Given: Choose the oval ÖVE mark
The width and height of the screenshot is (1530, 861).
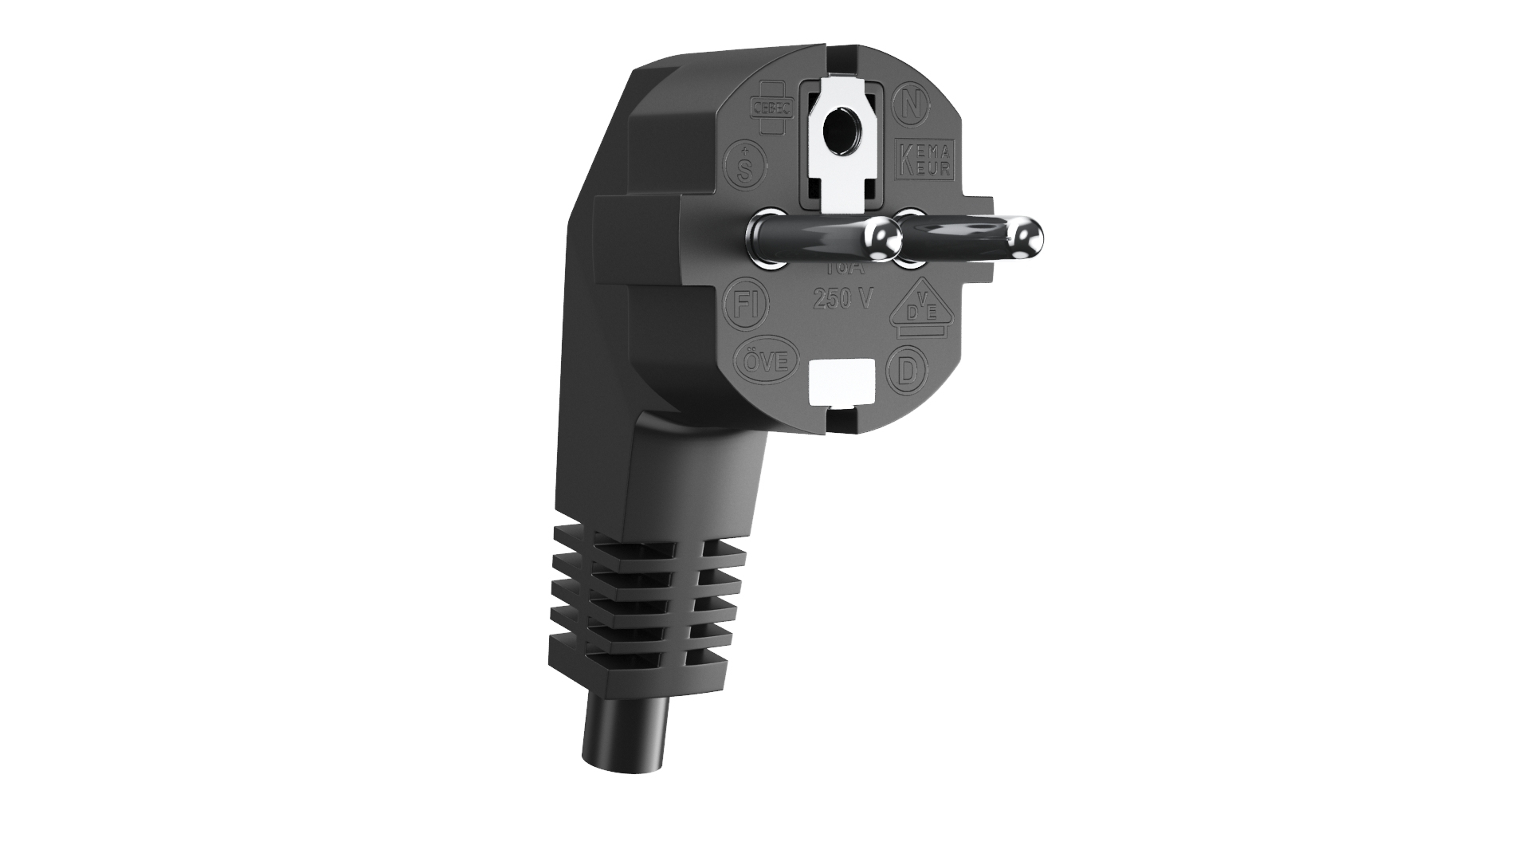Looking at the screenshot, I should (x=767, y=361).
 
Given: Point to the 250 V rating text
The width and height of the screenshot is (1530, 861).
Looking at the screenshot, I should (x=842, y=298).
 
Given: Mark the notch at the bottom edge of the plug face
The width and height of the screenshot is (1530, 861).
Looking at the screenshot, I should (x=840, y=415).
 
